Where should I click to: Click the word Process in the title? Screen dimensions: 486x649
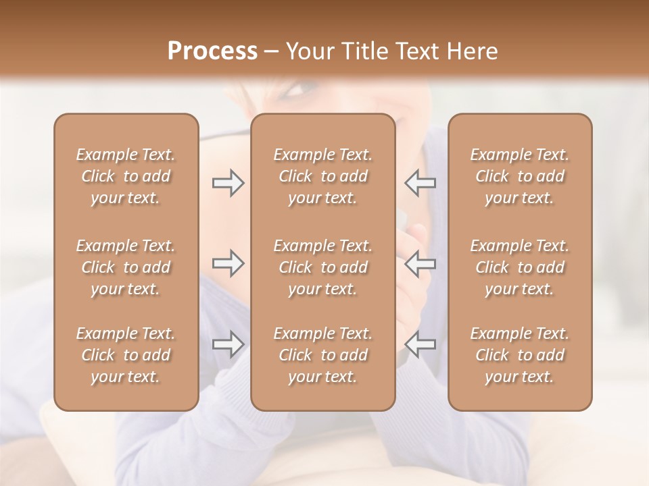click(x=212, y=51)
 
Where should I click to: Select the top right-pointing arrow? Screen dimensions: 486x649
click(x=229, y=183)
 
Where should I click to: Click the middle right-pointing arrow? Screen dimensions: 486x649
click(x=229, y=263)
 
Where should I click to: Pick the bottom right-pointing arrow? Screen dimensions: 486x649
click(x=229, y=344)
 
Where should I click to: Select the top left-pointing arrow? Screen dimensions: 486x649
click(x=420, y=183)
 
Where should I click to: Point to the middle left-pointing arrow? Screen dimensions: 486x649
click(x=420, y=263)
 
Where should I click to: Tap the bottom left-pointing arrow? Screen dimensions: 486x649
click(x=420, y=344)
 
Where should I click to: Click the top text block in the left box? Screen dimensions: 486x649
click(x=126, y=176)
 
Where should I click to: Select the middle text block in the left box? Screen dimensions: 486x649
click(x=126, y=267)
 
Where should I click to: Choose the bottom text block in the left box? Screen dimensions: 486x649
click(x=126, y=355)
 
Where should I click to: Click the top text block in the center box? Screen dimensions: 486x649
click(x=323, y=176)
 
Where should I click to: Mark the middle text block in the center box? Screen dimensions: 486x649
click(x=323, y=267)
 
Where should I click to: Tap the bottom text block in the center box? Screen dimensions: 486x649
click(x=323, y=355)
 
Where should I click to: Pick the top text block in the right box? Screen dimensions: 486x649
click(x=520, y=176)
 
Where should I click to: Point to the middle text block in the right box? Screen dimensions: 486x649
click(x=520, y=267)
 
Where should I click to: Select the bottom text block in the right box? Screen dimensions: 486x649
click(x=520, y=355)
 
